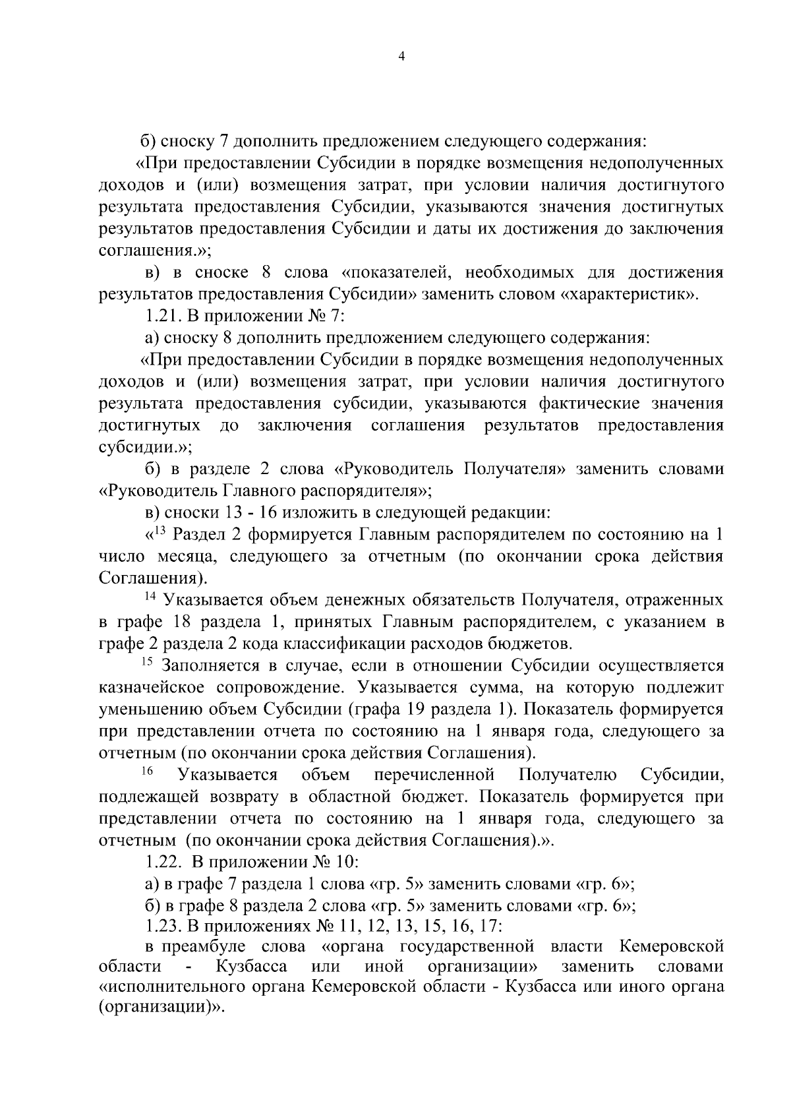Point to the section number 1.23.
pos(160,926)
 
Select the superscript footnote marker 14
pos(150,596)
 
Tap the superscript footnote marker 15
pos(149,661)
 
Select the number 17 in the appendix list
pos(488,926)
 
